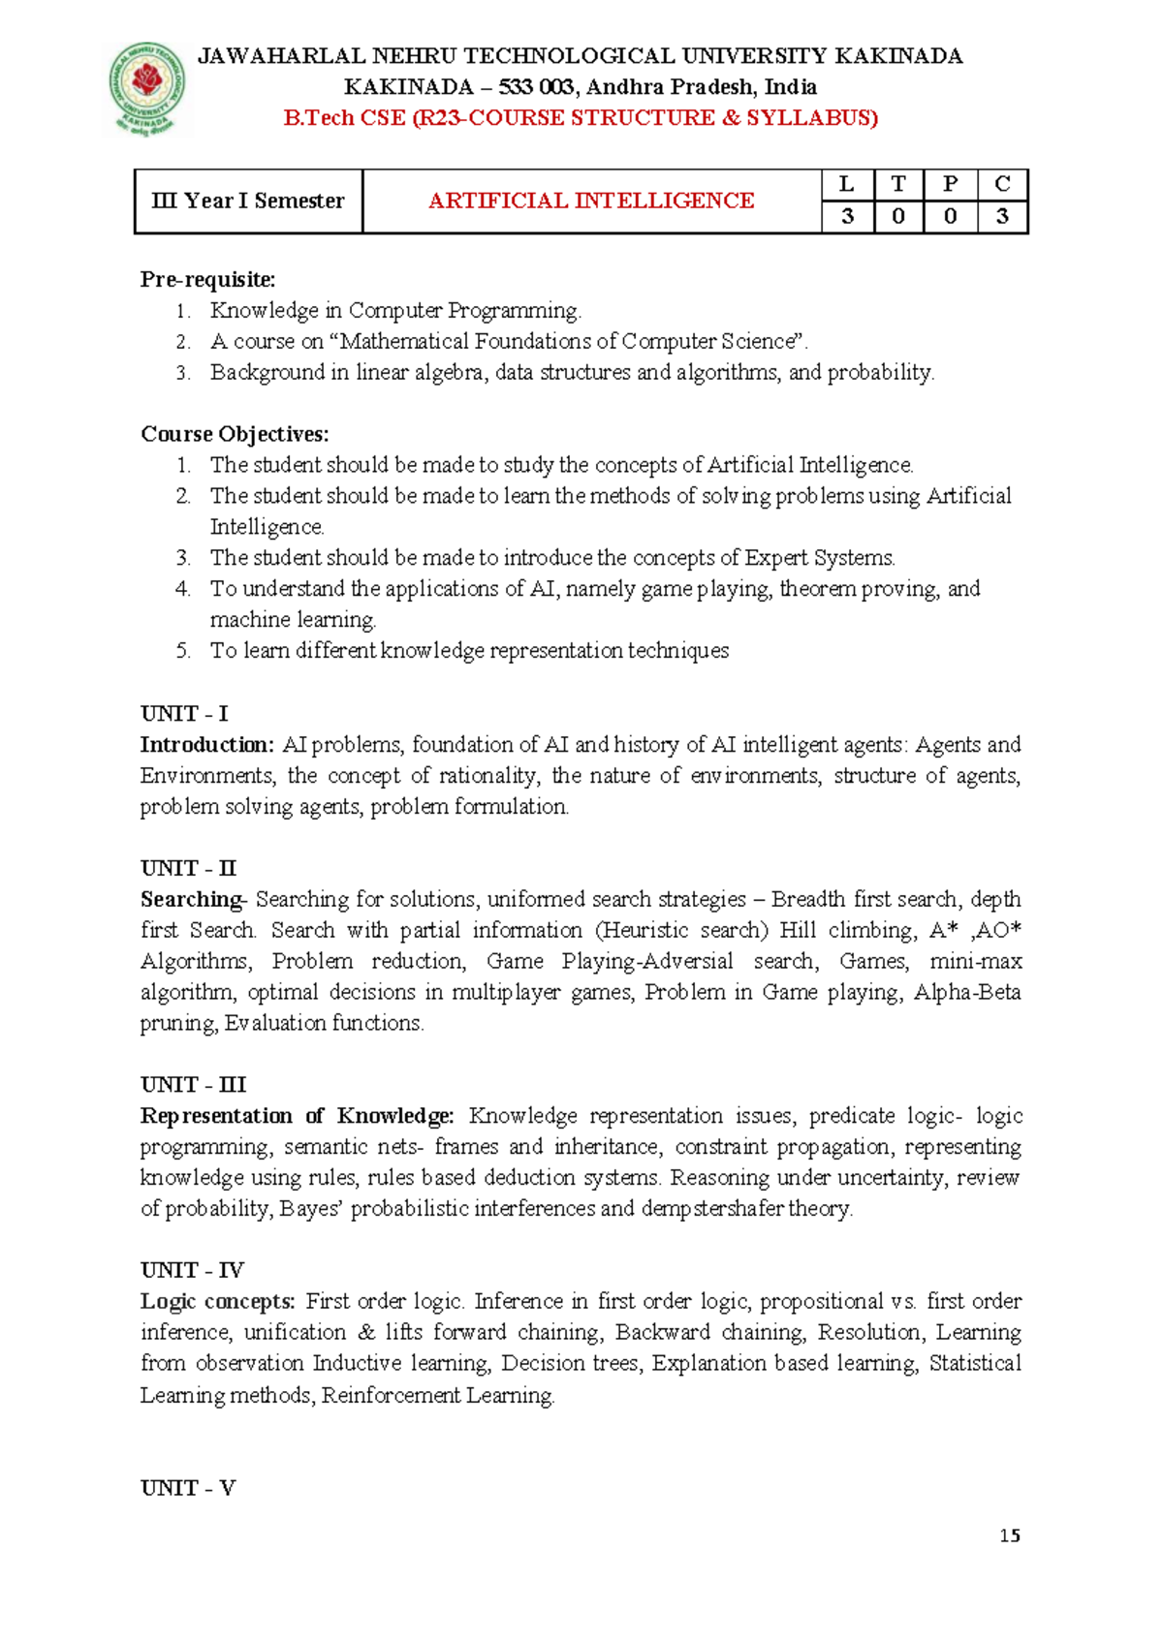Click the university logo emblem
click(x=146, y=88)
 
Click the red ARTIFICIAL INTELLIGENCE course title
click(x=591, y=201)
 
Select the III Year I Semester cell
click(x=248, y=201)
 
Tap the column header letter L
click(x=847, y=184)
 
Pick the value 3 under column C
click(x=1002, y=216)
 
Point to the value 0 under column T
click(x=898, y=216)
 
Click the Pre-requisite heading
click(x=207, y=280)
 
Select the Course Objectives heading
click(x=235, y=434)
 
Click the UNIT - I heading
click(x=184, y=714)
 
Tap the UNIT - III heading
click(x=193, y=1085)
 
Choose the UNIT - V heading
click(x=188, y=1488)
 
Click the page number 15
click(x=1010, y=1535)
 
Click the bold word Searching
click(x=191, y=900)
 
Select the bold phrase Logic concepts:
click(x=217, y=1302)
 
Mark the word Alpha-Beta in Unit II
click(x=966, y=992)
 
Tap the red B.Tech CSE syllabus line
click(x=581, y=118)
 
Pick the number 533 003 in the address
click(x=537, y=87)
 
